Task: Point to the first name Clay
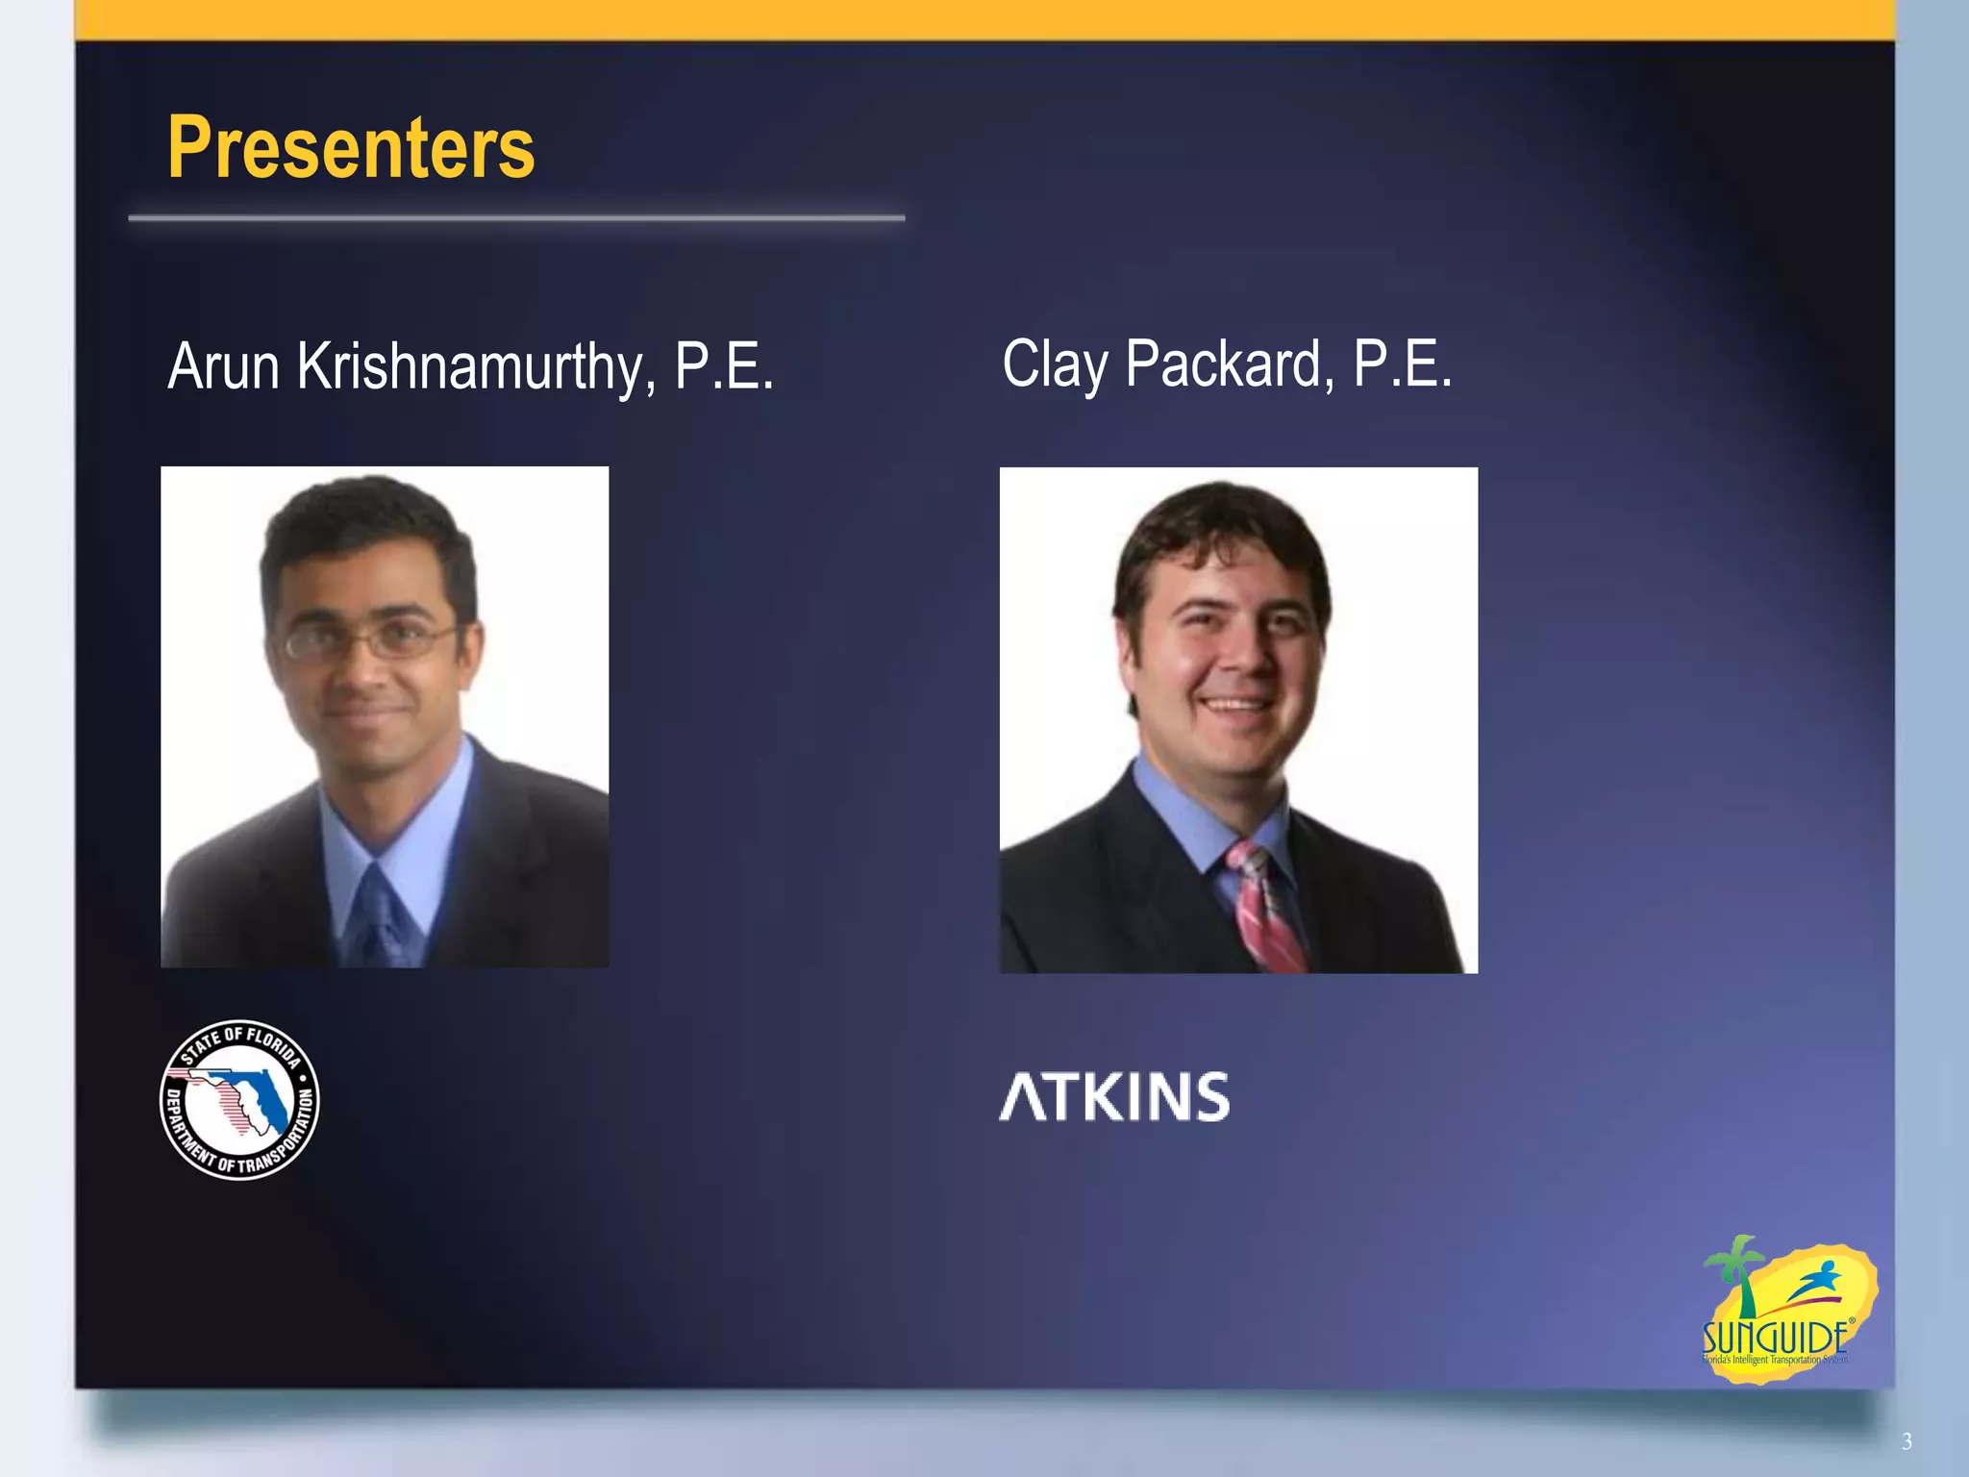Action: coord(1055,365)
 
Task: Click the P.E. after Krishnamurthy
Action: coord(723,366)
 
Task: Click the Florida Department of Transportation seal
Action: coord(239,1099)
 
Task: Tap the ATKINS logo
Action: coord(1114,1097)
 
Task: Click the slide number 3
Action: coord(1907,1441)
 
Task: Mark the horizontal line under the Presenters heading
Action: coord(516,219)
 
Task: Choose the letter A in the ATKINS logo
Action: coord(1022,1097)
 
